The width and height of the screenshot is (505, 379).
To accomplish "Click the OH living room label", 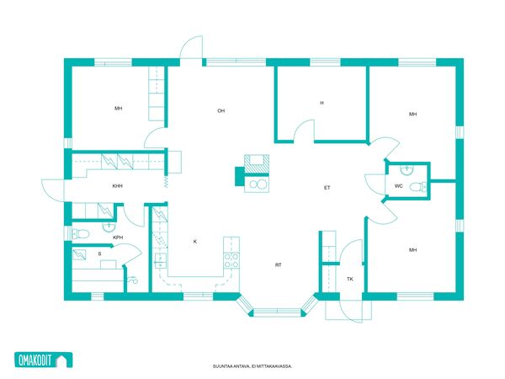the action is (221, 111).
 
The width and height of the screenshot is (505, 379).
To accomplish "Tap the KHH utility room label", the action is (118, 186).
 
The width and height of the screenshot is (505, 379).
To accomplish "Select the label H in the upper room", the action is (322, 103).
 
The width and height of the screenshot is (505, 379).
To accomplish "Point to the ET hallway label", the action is (327, 188).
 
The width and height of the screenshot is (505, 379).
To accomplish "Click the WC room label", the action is (398, 186).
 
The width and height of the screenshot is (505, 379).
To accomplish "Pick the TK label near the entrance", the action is (350, 279).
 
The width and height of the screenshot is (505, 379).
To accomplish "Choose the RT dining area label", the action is (279, 265).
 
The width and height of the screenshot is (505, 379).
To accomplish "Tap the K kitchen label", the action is (195, 242).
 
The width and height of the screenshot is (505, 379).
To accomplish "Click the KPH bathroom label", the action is (118, 238).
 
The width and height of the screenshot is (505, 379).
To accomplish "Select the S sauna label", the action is (99, 254).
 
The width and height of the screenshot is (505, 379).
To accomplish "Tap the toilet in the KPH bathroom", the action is (80, 233).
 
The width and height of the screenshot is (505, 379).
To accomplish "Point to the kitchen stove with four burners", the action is (231, 261).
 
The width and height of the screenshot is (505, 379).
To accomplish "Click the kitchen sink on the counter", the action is (160, 261).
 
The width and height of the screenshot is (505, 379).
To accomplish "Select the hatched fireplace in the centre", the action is (257, 164).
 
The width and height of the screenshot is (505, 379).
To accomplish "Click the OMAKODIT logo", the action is (44, 360).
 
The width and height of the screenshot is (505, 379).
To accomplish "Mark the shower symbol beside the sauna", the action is (132, 280).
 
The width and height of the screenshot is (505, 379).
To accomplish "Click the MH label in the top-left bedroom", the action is (118, 109).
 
